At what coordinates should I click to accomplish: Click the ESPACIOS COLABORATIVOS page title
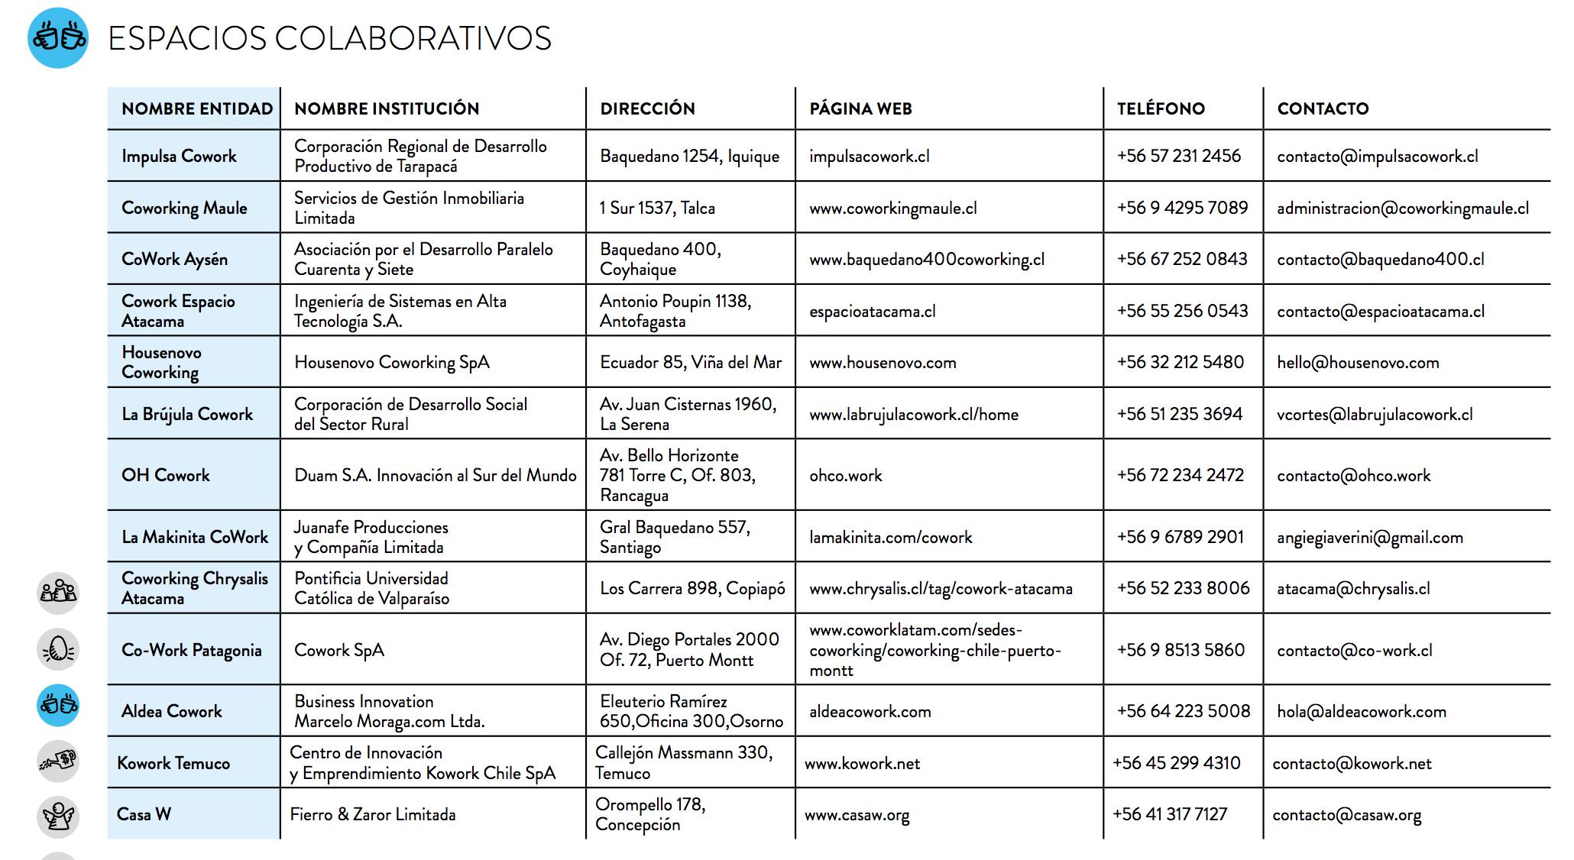pos(329,38)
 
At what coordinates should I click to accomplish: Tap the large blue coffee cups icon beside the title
pos(58,37)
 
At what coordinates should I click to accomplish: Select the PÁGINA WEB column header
pos(860,108)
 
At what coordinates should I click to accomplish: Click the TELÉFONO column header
pos(1160,108)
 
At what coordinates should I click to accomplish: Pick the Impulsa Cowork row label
pos(179,156)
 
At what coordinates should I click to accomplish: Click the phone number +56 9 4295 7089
pos(1181,208)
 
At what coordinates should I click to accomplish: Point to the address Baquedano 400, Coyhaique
pos(660,259)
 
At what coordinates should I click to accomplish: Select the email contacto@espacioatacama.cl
pos(1380,311)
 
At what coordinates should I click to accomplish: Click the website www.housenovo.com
pos(883,363)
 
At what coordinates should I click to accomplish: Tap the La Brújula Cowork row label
pos(187,414)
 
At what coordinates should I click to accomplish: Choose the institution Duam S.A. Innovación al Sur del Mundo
pos(435,475)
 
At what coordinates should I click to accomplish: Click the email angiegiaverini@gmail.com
pos(1369,537)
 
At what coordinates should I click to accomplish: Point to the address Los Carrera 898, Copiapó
pos(692,588)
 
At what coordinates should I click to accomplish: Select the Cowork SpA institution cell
pos(339,650)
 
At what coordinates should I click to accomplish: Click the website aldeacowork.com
pos(870,711)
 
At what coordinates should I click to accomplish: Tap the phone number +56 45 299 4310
pos(1176,762)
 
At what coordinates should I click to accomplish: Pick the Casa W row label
pos(144,814)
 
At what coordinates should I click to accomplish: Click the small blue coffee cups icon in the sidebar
pos(58,704)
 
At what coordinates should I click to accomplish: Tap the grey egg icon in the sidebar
pos(58,649)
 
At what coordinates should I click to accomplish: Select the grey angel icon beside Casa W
pos(58,816)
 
